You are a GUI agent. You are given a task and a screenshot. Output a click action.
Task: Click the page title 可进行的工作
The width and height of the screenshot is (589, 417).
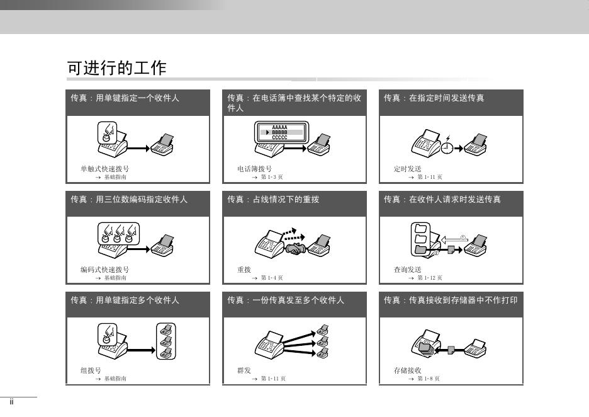[116, 68]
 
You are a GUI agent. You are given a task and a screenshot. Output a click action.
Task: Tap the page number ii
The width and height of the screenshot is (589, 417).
[12, 402]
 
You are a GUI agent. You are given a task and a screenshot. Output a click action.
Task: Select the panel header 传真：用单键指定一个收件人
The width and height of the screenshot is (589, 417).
[125, 98]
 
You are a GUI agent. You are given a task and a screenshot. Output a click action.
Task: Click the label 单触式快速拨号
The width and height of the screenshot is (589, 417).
[105, 169]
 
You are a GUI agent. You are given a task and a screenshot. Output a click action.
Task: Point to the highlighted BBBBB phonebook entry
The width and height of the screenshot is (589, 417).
[279, 132]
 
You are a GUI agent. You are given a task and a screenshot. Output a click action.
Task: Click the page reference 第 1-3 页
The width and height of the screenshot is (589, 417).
[272, 177]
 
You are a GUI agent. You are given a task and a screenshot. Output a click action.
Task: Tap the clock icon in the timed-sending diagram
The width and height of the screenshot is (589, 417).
[447, 147]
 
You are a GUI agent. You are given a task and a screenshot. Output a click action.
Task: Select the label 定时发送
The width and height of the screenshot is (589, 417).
[408, 169]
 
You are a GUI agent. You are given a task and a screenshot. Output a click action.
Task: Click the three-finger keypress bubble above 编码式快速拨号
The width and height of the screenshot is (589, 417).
[118, 234]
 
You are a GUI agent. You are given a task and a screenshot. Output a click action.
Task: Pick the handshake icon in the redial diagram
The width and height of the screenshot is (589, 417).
[296, 249]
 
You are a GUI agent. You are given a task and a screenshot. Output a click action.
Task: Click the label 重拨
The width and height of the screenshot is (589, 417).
[244, 270]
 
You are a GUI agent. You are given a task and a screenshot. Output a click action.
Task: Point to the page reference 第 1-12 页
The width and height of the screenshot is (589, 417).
[430, 278]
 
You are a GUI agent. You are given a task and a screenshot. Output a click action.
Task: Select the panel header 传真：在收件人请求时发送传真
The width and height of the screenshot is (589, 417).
[442, 199]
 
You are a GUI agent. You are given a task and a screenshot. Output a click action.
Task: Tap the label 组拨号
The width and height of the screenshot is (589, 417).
[91, 370]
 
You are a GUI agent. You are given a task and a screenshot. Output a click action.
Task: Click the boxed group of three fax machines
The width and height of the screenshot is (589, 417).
[166, 341]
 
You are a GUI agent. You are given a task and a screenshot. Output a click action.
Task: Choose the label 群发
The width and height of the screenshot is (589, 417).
[244, 370]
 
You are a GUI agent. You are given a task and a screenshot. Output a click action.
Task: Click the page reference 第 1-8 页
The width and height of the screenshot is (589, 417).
[429, 379]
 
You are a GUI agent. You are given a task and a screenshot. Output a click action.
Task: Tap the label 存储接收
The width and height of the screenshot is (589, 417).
[408, 370]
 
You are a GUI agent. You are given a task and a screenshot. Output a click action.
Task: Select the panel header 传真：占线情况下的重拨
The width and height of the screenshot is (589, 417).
[273, 199]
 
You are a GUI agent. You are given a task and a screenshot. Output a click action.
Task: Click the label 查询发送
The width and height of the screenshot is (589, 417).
[408, 270]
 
